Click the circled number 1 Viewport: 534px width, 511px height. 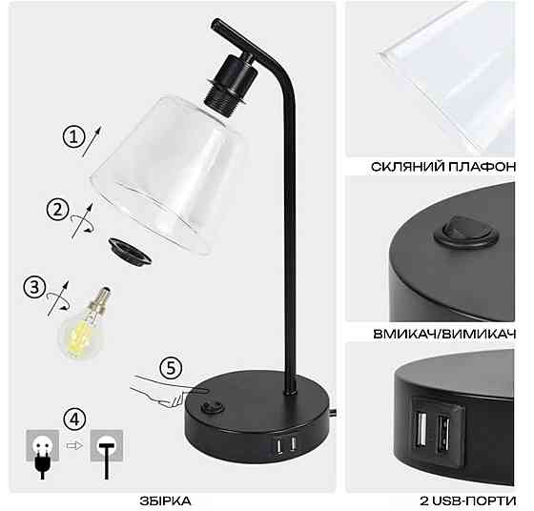click(x=74, y=137)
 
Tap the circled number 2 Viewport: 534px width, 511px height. click(x=58, y=210)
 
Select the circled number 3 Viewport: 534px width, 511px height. click(x=34, y=287)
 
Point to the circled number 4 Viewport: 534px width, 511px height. click(x=75, y=419)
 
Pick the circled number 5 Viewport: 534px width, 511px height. click(x=171, y=368)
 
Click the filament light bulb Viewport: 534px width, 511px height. click(x=85, y=325)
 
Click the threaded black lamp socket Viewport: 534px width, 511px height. click(x=232, y=81)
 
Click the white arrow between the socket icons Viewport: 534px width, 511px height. click(x=74, y=445)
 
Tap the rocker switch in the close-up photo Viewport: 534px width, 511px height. click(x=466, y=231)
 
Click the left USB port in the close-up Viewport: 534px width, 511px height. click(x=421, y=428)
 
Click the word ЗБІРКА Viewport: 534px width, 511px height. click(x=166, y=501)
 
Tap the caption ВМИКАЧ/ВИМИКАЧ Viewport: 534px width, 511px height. click(x=444, y=334)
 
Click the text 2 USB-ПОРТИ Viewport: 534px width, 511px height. click(x=468, y=501)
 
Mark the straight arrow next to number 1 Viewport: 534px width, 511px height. click(x=92, y=141)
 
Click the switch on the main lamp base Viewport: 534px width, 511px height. click(x=212, y=407)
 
